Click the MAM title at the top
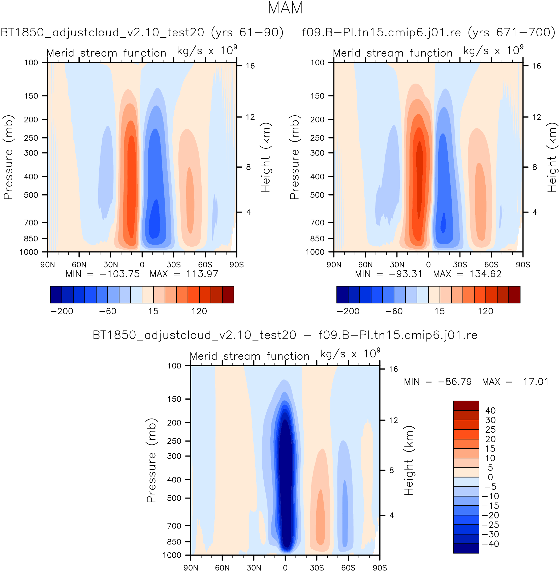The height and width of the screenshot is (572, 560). point(285,8)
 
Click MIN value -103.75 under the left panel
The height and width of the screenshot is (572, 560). point(119,274)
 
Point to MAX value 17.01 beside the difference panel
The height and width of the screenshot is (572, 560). point(536,382)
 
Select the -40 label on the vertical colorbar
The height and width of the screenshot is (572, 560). point(490,544)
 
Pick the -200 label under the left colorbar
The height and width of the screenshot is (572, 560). point(62,311)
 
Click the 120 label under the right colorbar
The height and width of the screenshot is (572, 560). point(485,311)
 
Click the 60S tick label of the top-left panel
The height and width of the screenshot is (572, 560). point(205,265)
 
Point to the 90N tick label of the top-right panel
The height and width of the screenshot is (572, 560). point(334,265)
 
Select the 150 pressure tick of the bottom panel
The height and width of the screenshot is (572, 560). point(174,399)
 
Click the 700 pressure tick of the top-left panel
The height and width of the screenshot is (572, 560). point(31,223)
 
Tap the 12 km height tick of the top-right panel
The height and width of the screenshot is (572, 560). point(537,117)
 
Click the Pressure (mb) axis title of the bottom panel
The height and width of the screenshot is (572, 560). point(151,460)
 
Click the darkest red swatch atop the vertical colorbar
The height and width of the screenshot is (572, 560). point(466,406)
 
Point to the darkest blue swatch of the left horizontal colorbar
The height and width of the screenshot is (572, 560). point(56,295)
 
